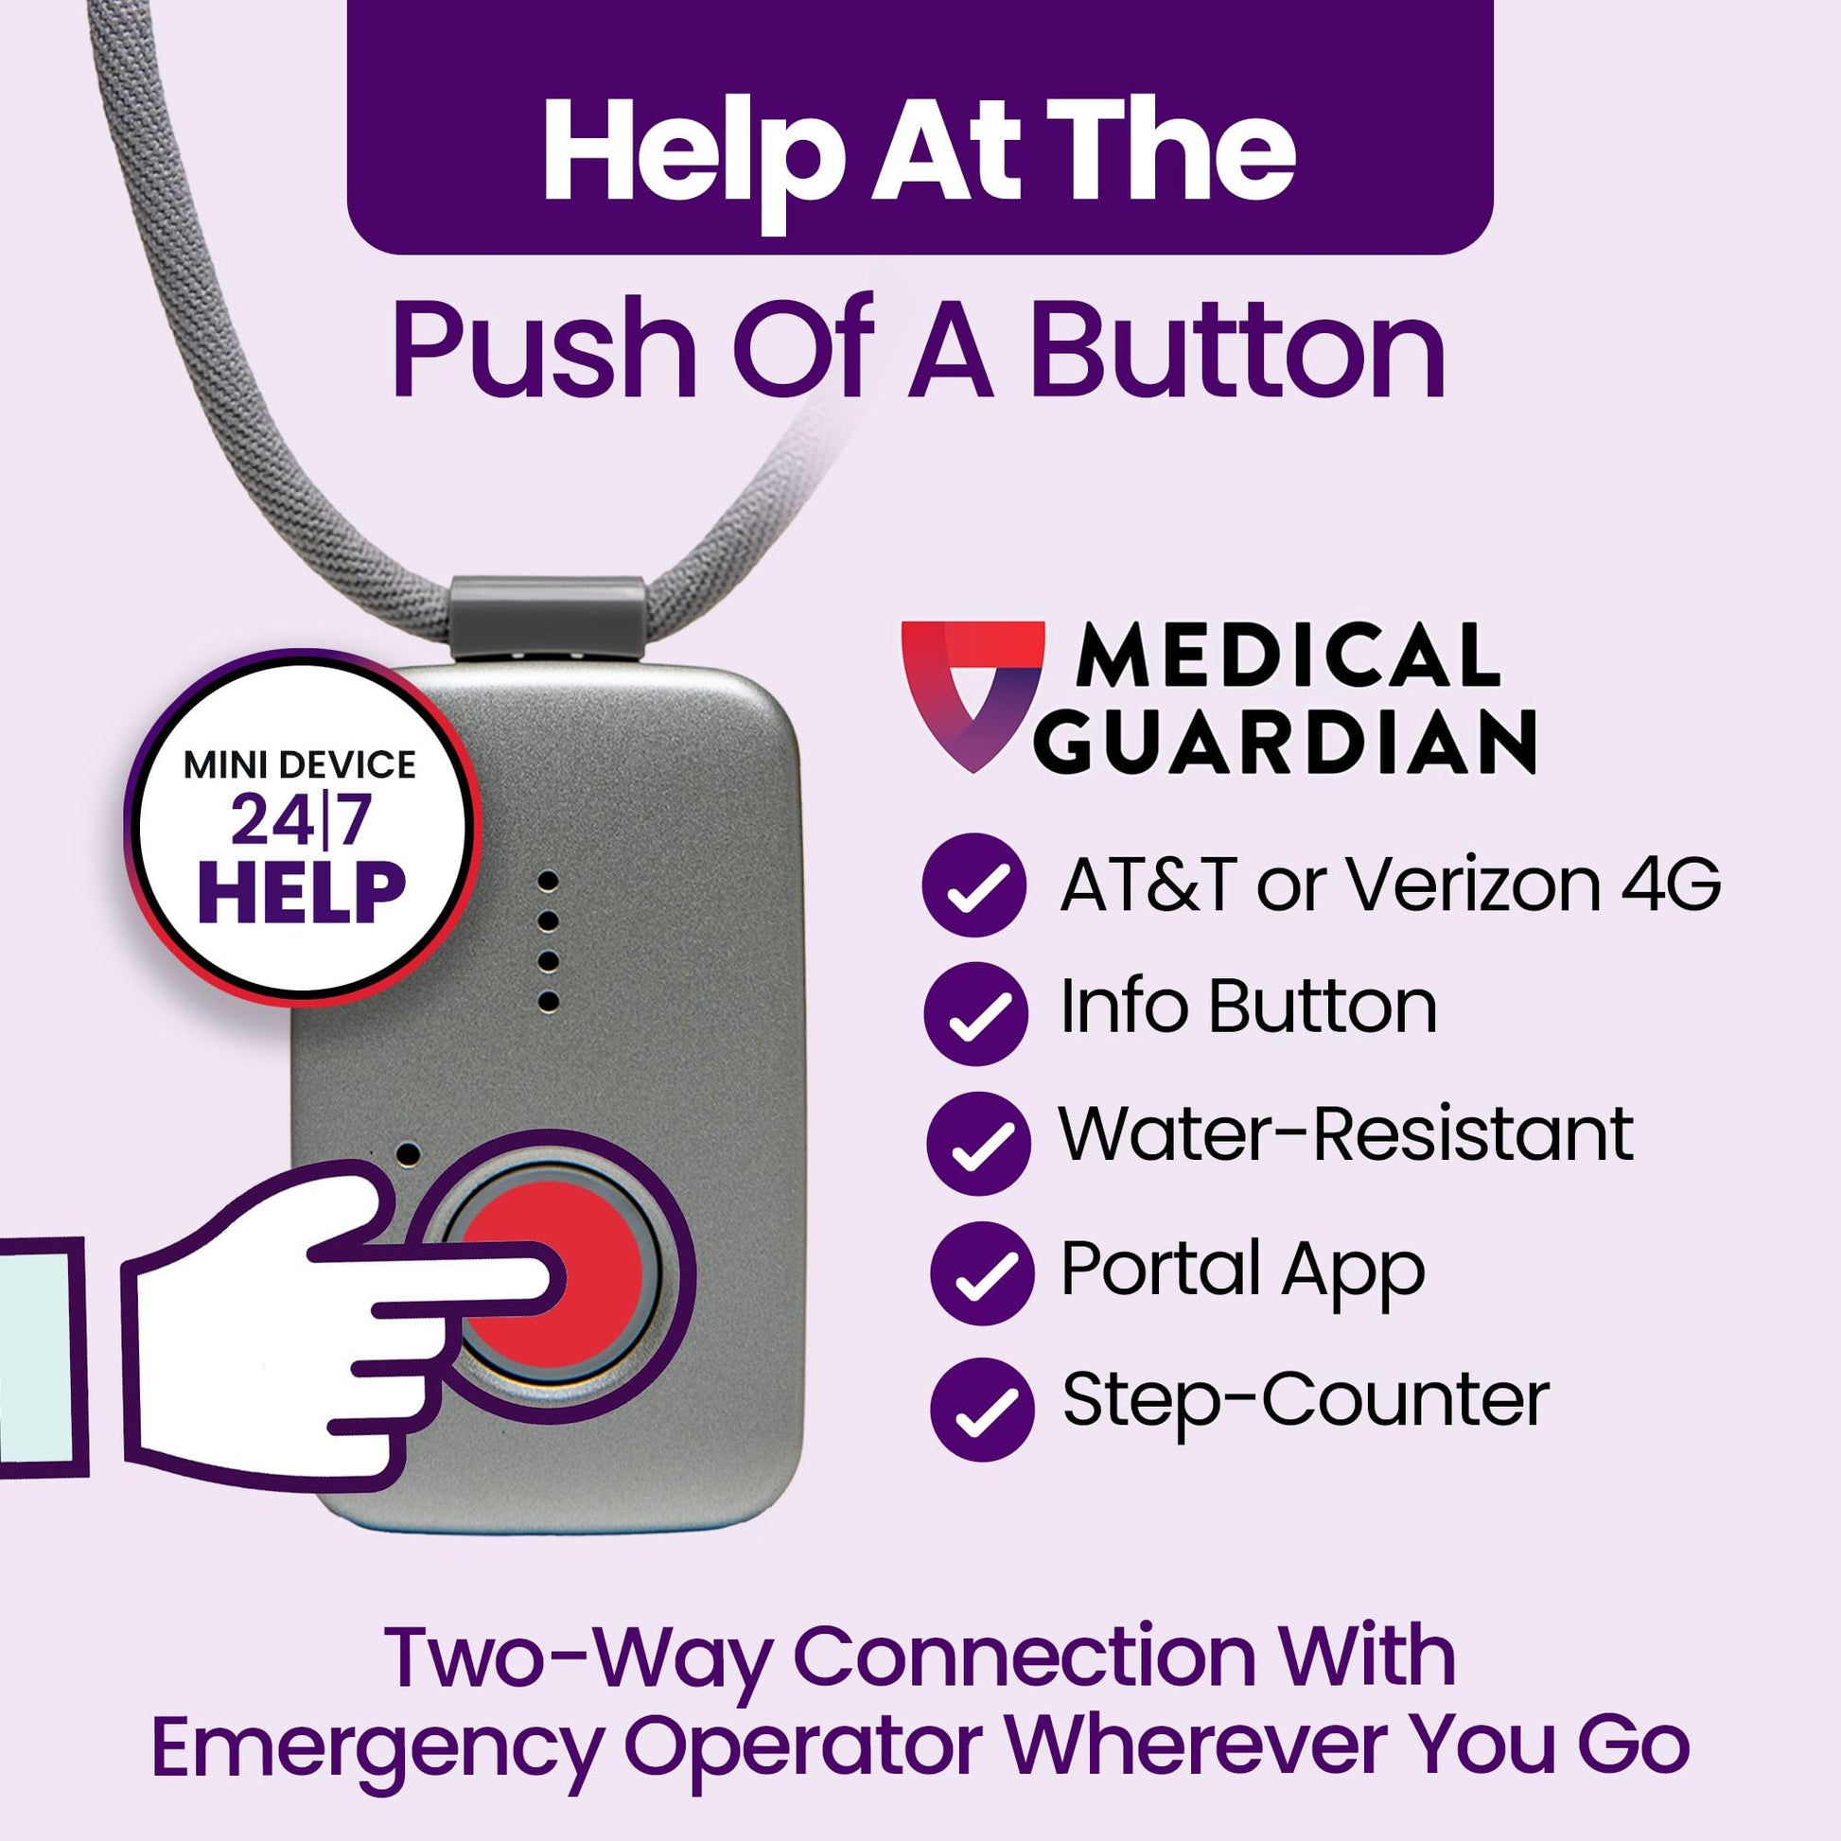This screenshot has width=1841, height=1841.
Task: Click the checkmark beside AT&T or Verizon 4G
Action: tap(974, 885)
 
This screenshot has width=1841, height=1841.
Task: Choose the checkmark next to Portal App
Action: tap(981, 1273)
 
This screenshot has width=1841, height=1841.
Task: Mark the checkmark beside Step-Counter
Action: tap(981, 1409)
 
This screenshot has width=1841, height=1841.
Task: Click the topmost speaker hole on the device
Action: tap(547, 881)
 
